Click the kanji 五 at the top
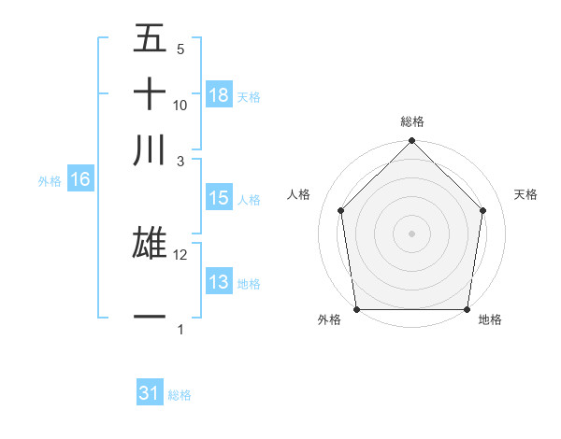click(151, 40)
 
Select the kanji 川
click(151, 150)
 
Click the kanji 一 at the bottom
click(151, 318)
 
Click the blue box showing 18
click(219, 95)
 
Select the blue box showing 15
click(219, 198)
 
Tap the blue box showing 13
click(219, 282)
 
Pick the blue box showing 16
click(80, 180)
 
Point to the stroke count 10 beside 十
click(180, 106)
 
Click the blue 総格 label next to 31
click(180, 395)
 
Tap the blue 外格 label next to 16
click(49, 181)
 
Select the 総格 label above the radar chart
click(412, 121)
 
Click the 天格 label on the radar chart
click(525, 194)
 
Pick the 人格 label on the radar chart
click(298, 194)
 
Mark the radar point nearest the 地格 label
click(467, 309)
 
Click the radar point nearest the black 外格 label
click(356, 309)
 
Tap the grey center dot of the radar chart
click(412, 233)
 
